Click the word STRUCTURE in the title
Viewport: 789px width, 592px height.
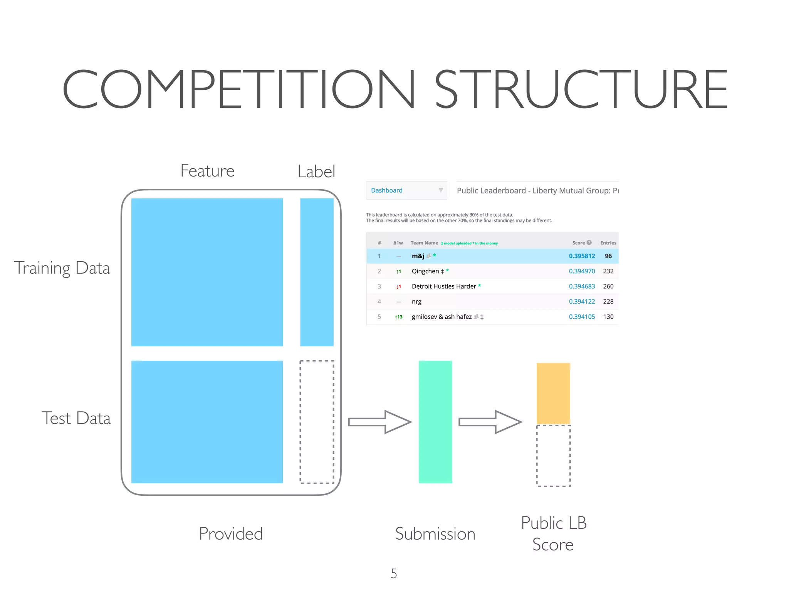581,89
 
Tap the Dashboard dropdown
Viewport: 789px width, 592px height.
406,190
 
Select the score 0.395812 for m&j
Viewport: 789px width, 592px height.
582,256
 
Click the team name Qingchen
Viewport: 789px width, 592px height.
425,271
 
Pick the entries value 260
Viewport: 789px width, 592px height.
608,286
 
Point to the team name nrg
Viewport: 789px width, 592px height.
416,302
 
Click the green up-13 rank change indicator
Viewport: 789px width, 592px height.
399,317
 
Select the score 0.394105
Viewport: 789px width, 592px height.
582,317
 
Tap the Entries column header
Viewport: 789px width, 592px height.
608,243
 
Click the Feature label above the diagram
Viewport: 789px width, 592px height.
207,171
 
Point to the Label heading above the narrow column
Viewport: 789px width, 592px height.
316,172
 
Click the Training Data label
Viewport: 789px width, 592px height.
62,268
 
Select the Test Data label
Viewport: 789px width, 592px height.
76,418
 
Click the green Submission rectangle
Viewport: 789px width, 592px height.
435,422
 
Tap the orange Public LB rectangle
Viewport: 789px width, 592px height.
553,393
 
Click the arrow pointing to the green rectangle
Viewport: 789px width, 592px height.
379,422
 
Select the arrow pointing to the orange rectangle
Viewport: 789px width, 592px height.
490,422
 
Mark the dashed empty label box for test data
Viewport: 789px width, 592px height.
317,422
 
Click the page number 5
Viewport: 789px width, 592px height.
394,573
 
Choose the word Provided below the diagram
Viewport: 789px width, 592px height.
231,534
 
